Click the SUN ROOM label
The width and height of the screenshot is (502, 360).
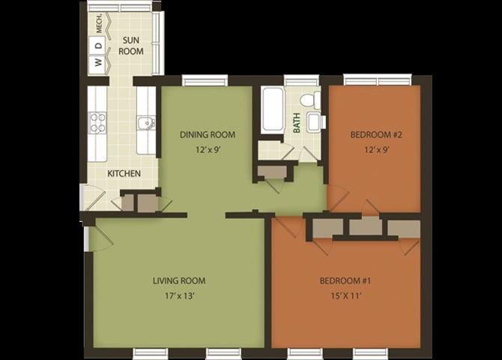pyautogui.click(x=131, y=46)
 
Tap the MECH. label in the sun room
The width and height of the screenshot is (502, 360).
pyautogui.click(x=100, y=23)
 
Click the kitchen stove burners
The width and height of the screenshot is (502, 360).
pyautogui.click(x=97, y=123)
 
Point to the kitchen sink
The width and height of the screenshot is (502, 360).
pyautogui.click(x=146, y=124)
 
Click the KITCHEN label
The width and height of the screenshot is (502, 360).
pyautogui.click(x=124, y=173)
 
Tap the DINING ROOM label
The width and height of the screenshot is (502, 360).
pyautogui.click(x=208, y=135)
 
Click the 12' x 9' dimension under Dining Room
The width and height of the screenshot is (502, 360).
pyautogui.click(x=208, y=150)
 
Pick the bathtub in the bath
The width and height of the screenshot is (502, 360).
pyautogui.click(x=272, y=110)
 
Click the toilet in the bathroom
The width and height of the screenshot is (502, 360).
pyautogui.click(x=310, y=99)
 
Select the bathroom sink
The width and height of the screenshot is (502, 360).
pyautogui.click(x=315, y=122)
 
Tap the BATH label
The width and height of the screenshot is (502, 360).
pyautogui.click(x=297, y=123)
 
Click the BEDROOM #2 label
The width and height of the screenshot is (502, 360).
pyautogui.click(x=376, y=135)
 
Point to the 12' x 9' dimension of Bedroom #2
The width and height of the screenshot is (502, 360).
pyautogui.click(x=377, y=150)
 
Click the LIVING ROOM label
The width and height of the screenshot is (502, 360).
pyautogui.click(x=179, y=280)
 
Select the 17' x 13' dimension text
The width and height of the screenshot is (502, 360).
pyautogui.click(x=180, y=295)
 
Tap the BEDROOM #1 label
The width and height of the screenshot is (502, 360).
pyautogui.click(x=345, y=280)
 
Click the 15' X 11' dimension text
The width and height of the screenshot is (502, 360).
pyautogui.click(x=346, y=295)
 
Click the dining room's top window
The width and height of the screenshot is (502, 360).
pyautogui.click(x=205, y=80)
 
